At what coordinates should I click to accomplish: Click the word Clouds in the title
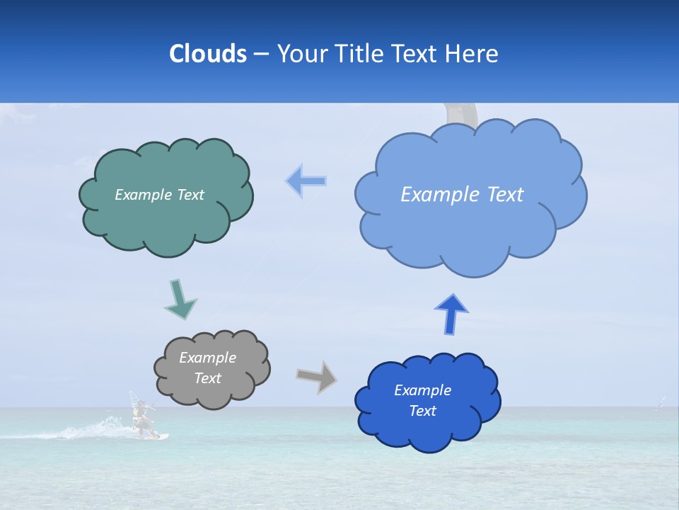[207, 54]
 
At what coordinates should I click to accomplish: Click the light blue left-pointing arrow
[306, 181]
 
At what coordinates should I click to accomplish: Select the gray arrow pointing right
[316, 376]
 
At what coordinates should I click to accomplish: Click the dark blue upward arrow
[451, 313]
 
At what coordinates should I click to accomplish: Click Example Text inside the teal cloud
[159, 195]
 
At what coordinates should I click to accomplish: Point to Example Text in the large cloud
[462, 195]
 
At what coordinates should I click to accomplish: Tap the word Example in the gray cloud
[208, 358]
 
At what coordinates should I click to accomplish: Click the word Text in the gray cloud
[208, 378]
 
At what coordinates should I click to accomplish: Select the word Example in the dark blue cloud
[422, 390]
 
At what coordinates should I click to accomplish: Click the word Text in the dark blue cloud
[422, 411]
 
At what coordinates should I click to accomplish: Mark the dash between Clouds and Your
[260, 55]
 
